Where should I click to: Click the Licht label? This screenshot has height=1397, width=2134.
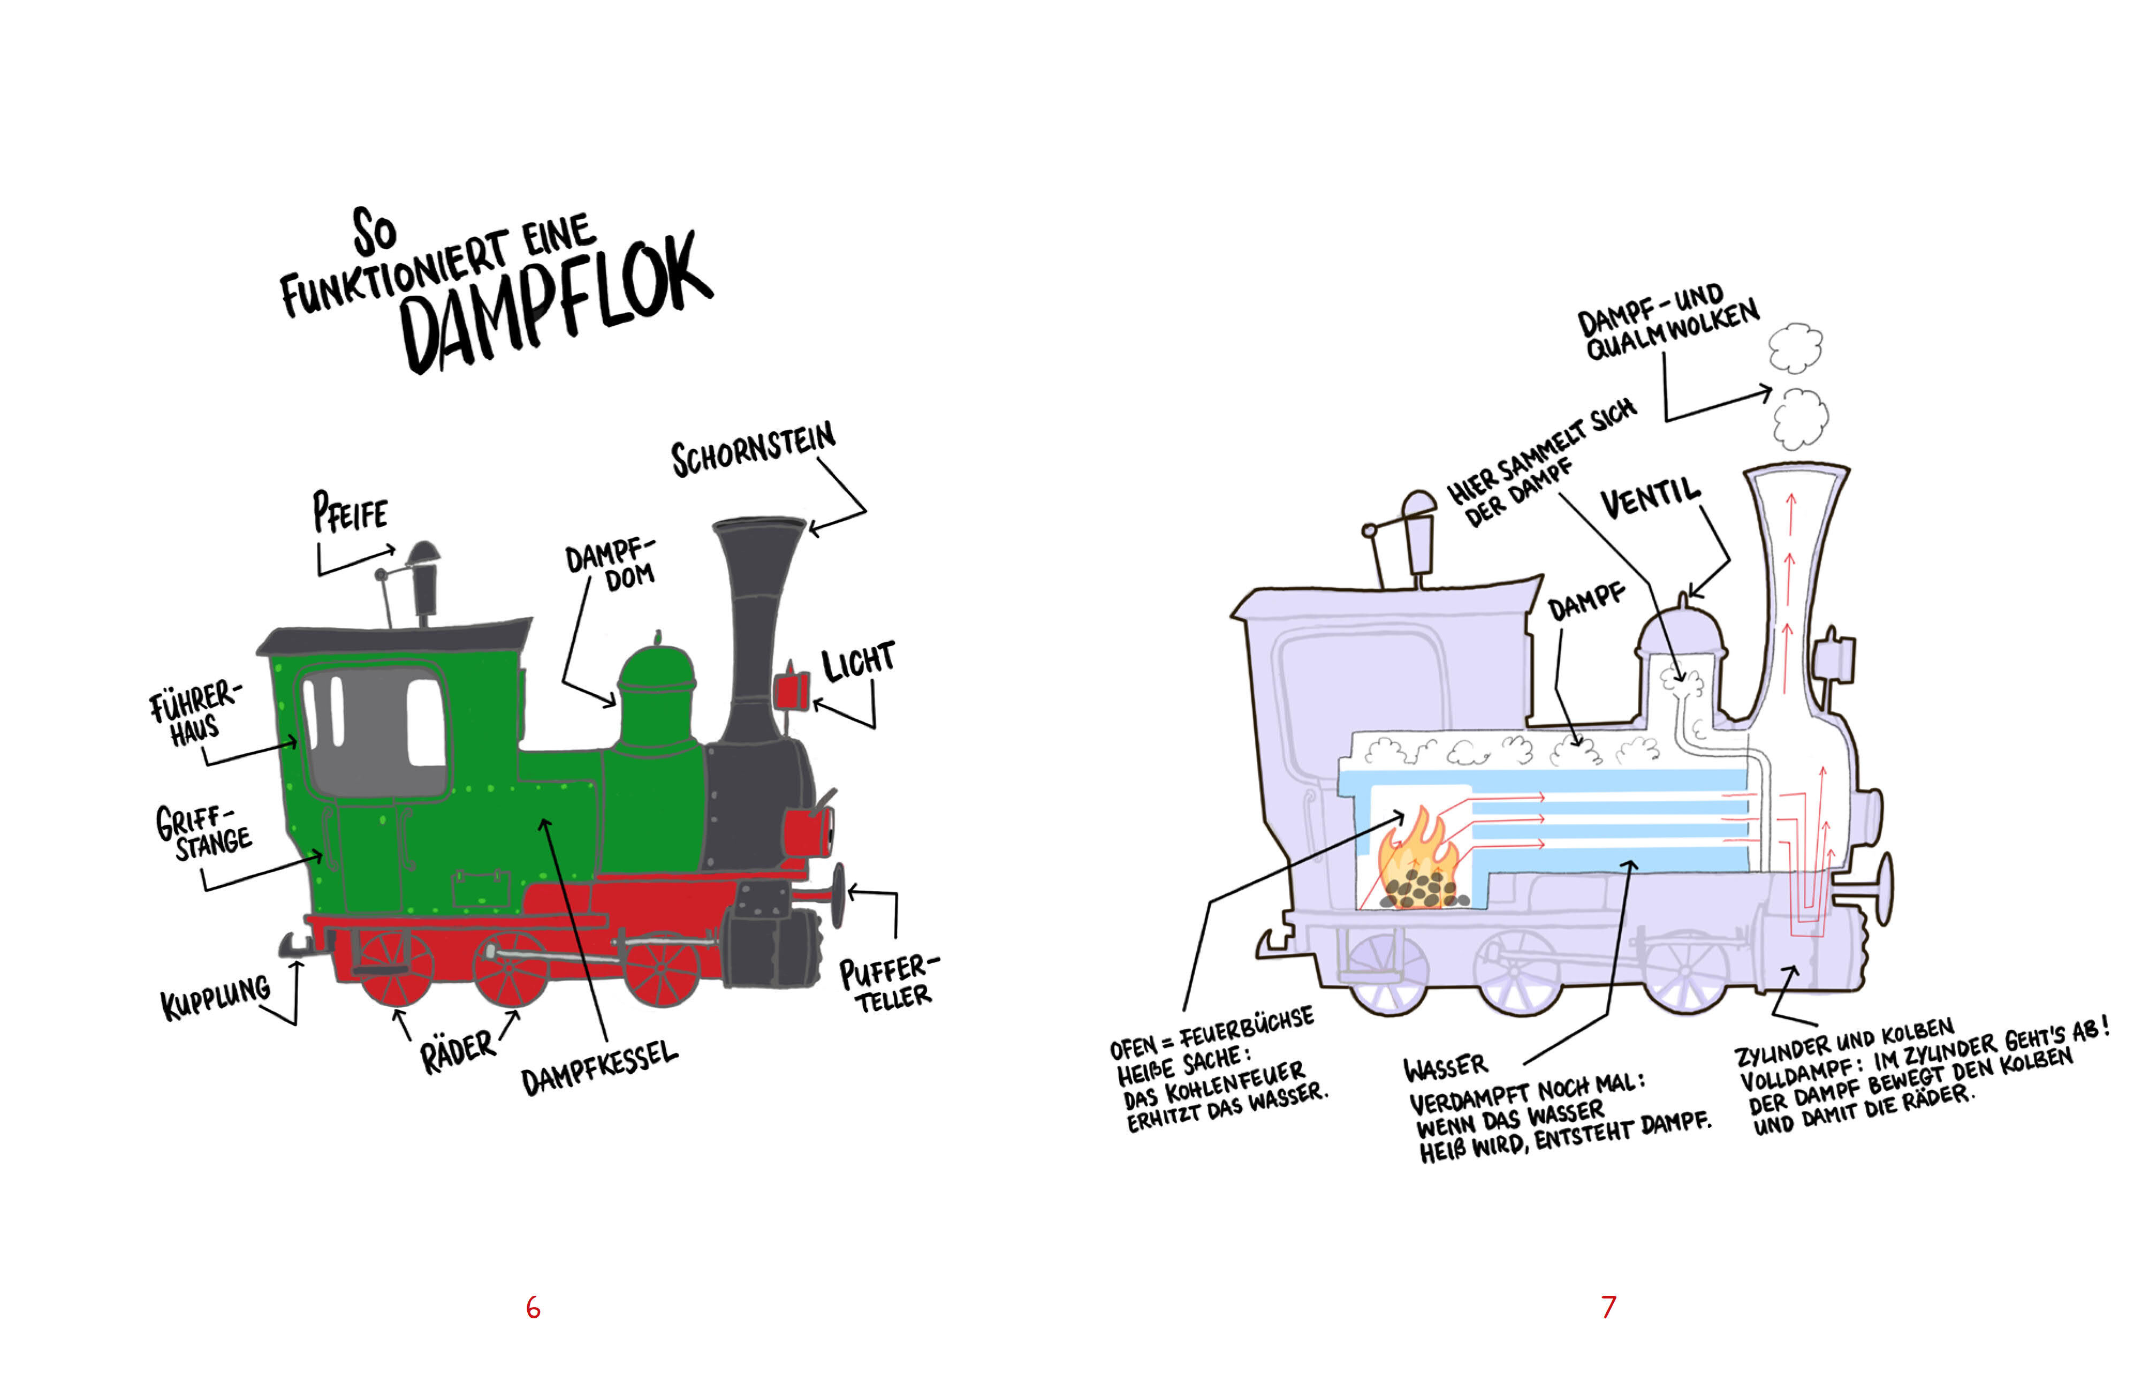pos(858,662)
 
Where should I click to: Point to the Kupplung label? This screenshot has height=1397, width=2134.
pos(215,995)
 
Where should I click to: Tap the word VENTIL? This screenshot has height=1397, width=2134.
pos(1650,498)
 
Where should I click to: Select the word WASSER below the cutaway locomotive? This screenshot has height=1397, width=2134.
pos(1445,1067)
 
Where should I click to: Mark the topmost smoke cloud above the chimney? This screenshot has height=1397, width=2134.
pos(1795,347)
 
